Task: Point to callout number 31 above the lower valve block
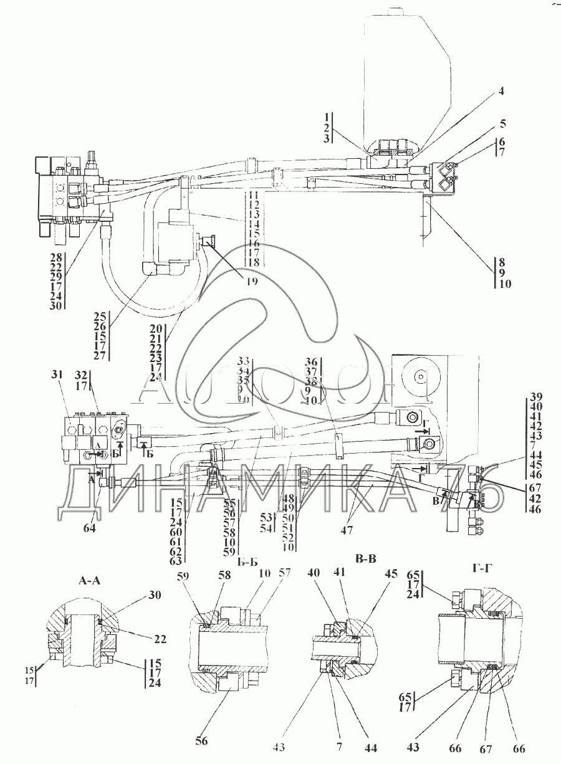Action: click(x=57, y=374)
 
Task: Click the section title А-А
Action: click(x=89, y=581)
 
